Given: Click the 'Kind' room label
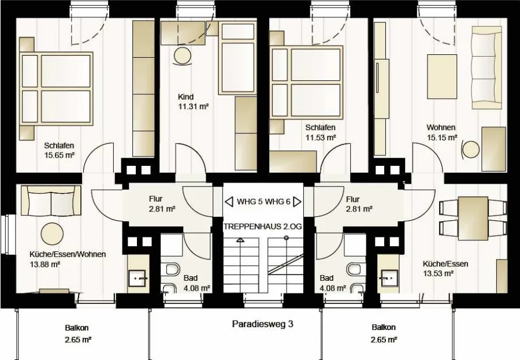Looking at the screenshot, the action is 185,97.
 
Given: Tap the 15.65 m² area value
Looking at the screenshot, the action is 59,155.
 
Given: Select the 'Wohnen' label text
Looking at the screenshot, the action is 441,127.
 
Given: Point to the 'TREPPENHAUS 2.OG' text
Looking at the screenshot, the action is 263,227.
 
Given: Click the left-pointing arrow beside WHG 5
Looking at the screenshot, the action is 229,202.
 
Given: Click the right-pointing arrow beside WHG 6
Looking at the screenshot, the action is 297,202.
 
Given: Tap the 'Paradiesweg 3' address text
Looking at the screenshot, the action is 263,324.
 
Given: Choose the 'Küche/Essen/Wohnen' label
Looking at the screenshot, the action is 68,254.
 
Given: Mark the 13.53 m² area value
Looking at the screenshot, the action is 438,273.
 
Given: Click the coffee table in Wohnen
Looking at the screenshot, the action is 442,77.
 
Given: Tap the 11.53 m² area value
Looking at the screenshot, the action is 321,137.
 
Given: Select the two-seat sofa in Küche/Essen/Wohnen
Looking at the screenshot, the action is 51,201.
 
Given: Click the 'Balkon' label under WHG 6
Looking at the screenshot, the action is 384,328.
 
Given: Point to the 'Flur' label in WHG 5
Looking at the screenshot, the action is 155,199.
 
